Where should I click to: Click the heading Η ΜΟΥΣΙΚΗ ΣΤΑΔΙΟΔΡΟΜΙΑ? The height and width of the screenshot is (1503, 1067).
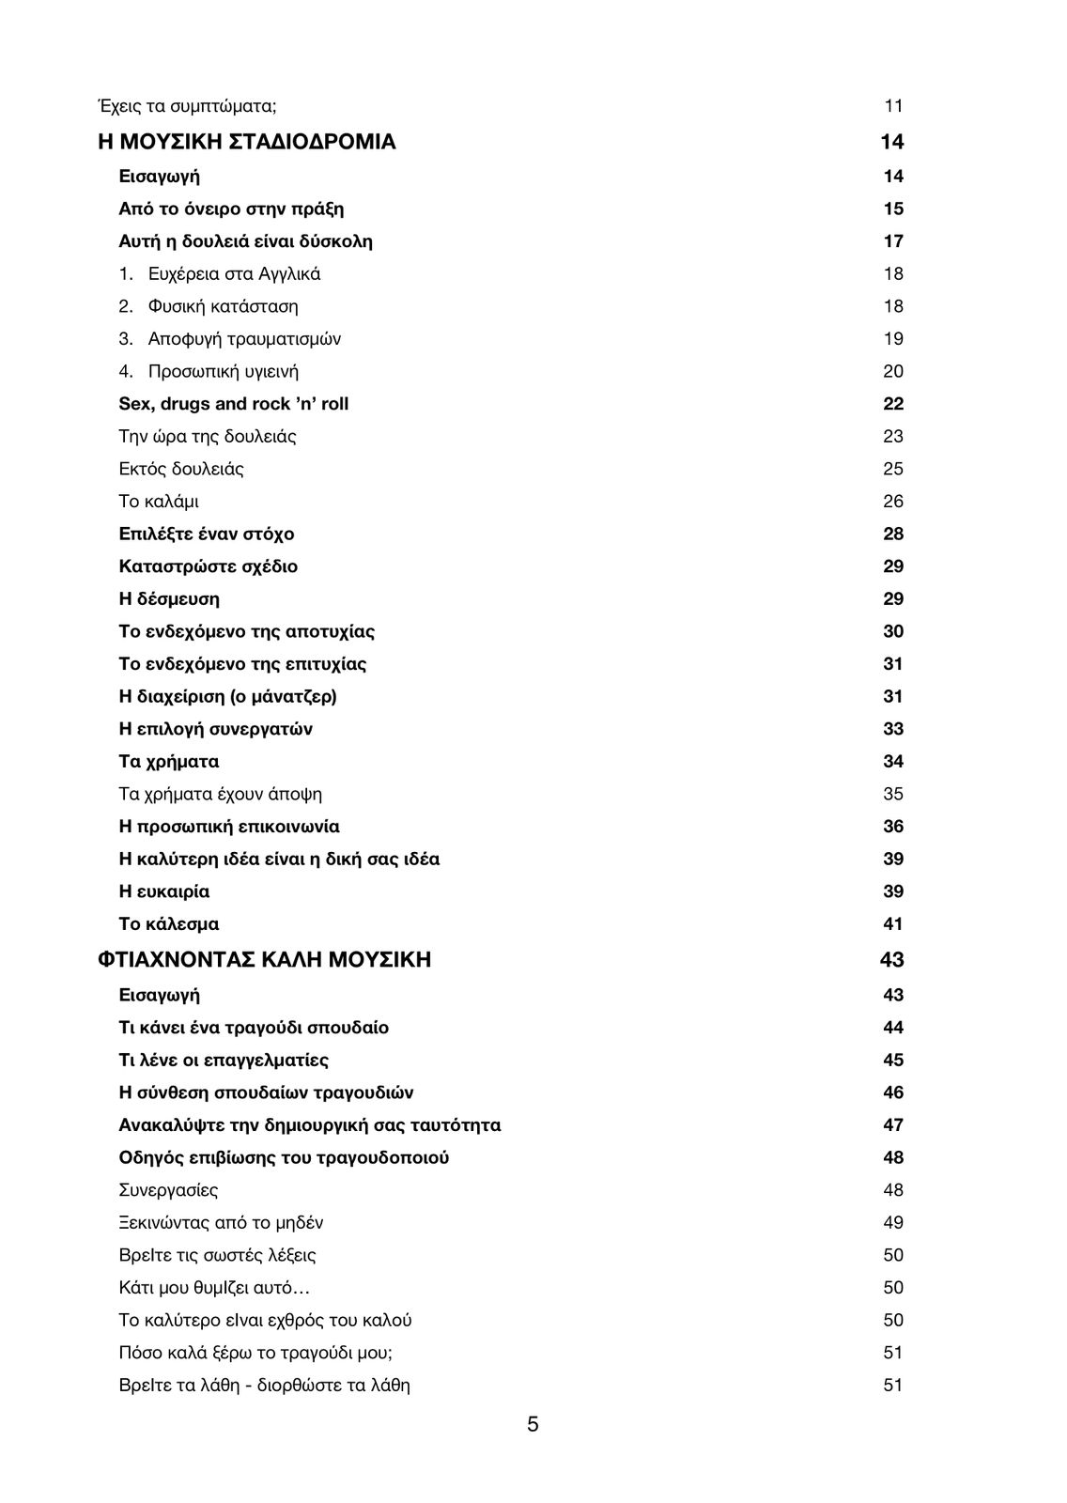pos(247,142)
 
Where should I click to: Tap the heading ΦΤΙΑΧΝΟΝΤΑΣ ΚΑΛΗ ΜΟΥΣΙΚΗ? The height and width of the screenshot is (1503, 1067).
pos(265,960)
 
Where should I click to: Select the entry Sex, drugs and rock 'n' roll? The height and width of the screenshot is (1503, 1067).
pos(234,404)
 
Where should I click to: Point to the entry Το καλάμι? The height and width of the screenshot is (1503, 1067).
pos(159,502)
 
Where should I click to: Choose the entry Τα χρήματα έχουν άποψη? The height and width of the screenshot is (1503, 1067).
pos(221,795)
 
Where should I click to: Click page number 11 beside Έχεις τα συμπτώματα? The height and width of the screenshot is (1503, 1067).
pos(893,106)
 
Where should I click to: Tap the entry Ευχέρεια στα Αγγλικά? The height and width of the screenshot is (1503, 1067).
pos(234,274)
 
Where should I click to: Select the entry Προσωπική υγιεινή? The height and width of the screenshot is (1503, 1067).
pos(223,372)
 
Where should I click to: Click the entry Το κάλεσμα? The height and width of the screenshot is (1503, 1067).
pos(169,924)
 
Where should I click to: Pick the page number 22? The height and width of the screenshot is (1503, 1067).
pos(892,404)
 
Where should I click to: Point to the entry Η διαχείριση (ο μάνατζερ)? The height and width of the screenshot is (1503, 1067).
pos(228,697)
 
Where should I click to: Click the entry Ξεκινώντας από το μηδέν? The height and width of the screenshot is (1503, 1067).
pos(222,1223)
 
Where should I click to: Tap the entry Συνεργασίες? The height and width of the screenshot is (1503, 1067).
pos(169,1190)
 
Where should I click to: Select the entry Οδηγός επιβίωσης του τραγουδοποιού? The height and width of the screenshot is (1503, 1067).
pos(284,1157)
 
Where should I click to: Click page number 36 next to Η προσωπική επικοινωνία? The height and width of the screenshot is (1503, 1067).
pos(892,827)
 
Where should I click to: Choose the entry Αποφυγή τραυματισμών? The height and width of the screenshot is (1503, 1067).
pos(244,339)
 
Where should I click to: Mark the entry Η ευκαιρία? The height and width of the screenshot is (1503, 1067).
pos(164,891)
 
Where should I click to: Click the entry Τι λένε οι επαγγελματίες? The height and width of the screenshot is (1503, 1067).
pos(224,1061)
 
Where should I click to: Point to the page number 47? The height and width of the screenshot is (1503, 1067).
pos(892,1125)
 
